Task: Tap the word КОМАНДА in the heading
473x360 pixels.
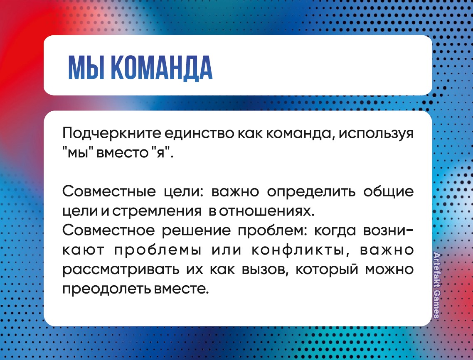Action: pyautogui.click(x=162, y=69)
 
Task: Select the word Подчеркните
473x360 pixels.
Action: pyautogui.click(x=112, y=133)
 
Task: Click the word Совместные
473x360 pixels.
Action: pyautogui.click(x=109, y=191)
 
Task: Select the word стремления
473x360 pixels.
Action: pyautogui.click(x=157, y=211)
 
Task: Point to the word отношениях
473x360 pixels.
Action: pyautogui.click(x=267, y=211)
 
